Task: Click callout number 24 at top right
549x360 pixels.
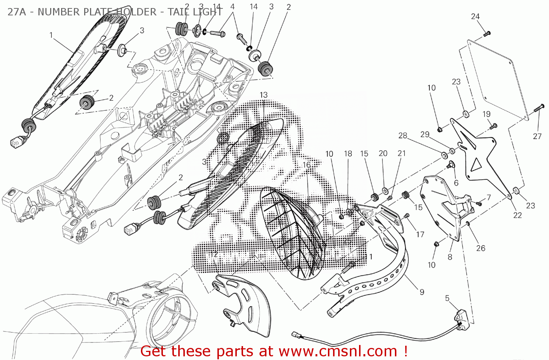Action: pos(475,16)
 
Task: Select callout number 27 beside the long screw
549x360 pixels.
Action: pos(537,136)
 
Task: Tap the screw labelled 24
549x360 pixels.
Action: pos(486,34)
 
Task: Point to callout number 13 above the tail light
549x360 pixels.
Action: pos(264,95)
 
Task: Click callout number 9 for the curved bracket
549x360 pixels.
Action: pos(422,292)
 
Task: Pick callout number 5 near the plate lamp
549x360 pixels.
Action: pos(447,299)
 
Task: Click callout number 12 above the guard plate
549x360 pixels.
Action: pos(214,254)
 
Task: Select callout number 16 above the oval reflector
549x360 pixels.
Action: pos(306,165)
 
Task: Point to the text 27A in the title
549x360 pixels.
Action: pos(16,12)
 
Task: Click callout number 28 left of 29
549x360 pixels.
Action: pos(403,136)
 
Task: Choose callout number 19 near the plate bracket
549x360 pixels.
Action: pos(486,114)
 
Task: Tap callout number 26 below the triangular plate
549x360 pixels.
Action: pos(481,248)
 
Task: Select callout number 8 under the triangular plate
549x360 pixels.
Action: pos(450,257)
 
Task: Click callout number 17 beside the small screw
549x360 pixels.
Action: pos(420,234)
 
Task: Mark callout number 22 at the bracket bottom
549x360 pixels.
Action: pos(517,215)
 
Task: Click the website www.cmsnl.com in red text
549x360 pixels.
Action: pos(337,352)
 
